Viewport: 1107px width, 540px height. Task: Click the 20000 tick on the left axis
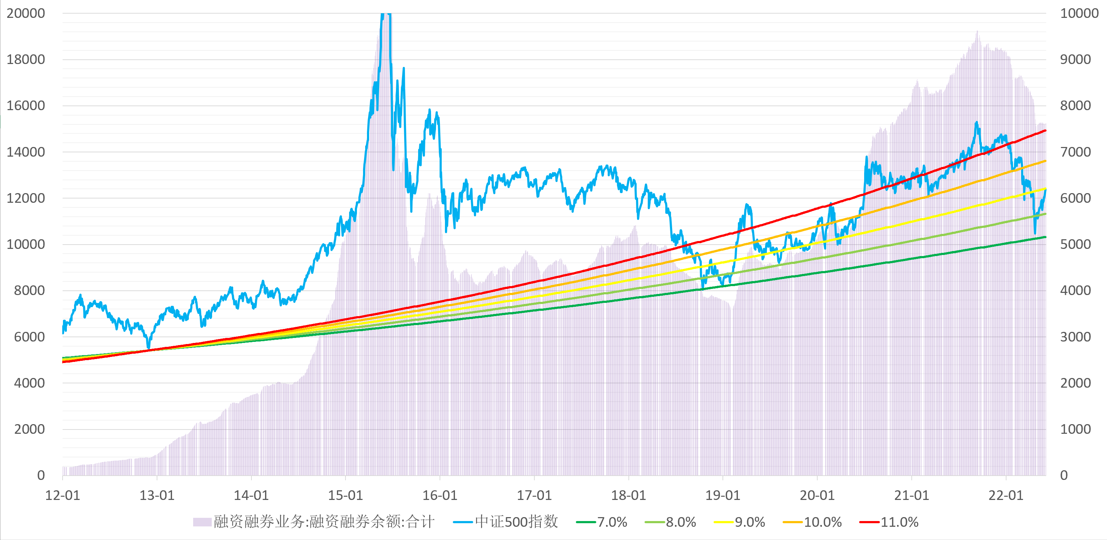(x=26, y=13)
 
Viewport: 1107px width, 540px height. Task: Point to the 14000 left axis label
(x=26, y=152)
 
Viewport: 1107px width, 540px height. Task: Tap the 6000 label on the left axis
(x=29, y=337)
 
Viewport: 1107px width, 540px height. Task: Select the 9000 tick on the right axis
(x=1075, y=60)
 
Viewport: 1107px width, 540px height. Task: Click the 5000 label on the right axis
(x=1075, y=245)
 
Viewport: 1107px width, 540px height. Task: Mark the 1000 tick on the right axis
(x=1075, y=429)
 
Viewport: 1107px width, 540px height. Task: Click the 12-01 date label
(x=63, y=495)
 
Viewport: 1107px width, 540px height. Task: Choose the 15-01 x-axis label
(x=346, y=495)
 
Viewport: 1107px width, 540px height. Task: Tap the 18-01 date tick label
(x=628, y=495)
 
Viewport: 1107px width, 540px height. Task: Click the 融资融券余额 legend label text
(x=324, y=522)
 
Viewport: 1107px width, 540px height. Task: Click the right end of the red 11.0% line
(x=1045, y=131)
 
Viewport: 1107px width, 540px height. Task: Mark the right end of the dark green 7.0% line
(x=1045, y=237)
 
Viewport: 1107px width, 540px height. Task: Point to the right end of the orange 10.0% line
(x=1045, y=161)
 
